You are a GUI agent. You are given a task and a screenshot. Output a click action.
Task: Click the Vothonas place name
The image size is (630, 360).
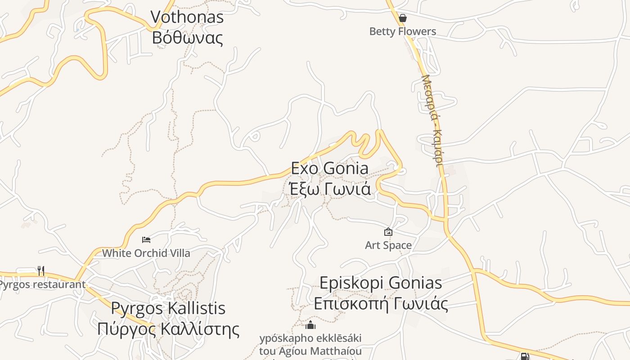click(187, 17)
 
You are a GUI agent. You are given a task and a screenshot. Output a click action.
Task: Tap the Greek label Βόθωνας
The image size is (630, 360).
click(187, 37)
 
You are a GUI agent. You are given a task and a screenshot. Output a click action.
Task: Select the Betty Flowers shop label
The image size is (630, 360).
click(402, 31)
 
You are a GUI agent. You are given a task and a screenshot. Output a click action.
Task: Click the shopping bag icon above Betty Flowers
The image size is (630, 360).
click(403, 18)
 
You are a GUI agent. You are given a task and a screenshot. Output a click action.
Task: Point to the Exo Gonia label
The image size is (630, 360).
click(329, 168)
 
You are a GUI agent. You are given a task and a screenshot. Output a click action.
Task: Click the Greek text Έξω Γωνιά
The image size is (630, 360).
click(330, 189)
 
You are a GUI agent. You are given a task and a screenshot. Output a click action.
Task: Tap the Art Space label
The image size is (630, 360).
click(388, 245)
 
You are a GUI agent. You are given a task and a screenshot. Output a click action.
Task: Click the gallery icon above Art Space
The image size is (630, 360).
click(388, 232)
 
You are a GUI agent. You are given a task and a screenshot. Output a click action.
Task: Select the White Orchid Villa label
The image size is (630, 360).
click(146, 253)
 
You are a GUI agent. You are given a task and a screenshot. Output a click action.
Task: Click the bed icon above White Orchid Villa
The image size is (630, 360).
click(146, 239)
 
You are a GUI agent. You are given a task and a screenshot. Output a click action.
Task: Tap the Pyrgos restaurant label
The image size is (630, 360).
click(42, 284)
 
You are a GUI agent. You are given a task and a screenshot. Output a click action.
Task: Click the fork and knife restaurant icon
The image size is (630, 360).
click(41, 270)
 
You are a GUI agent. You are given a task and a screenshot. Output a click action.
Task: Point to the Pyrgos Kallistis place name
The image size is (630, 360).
click(168, 308)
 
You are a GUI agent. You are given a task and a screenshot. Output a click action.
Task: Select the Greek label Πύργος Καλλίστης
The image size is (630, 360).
click(168, 329)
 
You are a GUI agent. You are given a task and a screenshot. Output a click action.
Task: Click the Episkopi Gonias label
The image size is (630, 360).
click(381, 283)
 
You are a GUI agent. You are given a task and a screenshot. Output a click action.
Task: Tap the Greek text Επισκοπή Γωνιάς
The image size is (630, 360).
click(381, 304)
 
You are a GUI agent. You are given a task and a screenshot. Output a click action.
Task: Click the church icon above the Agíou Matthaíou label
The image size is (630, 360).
click(310, 325)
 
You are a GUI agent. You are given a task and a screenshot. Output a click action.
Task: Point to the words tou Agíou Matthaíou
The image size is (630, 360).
click(310, 350)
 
